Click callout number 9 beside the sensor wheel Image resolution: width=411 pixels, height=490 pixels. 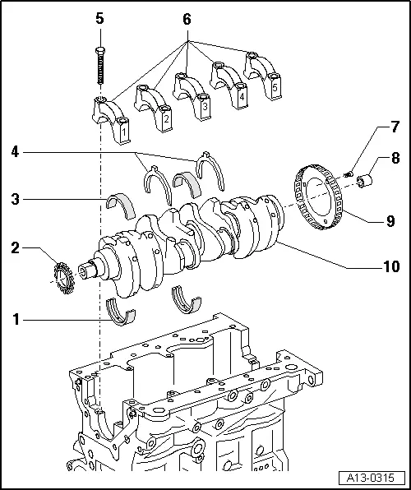[x=389, y=220]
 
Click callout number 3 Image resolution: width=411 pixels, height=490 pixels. [x=16, y=198]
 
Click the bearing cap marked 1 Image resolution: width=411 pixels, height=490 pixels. [x=113, y=119]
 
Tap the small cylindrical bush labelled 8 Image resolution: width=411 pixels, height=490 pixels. [x=367, y=177]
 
